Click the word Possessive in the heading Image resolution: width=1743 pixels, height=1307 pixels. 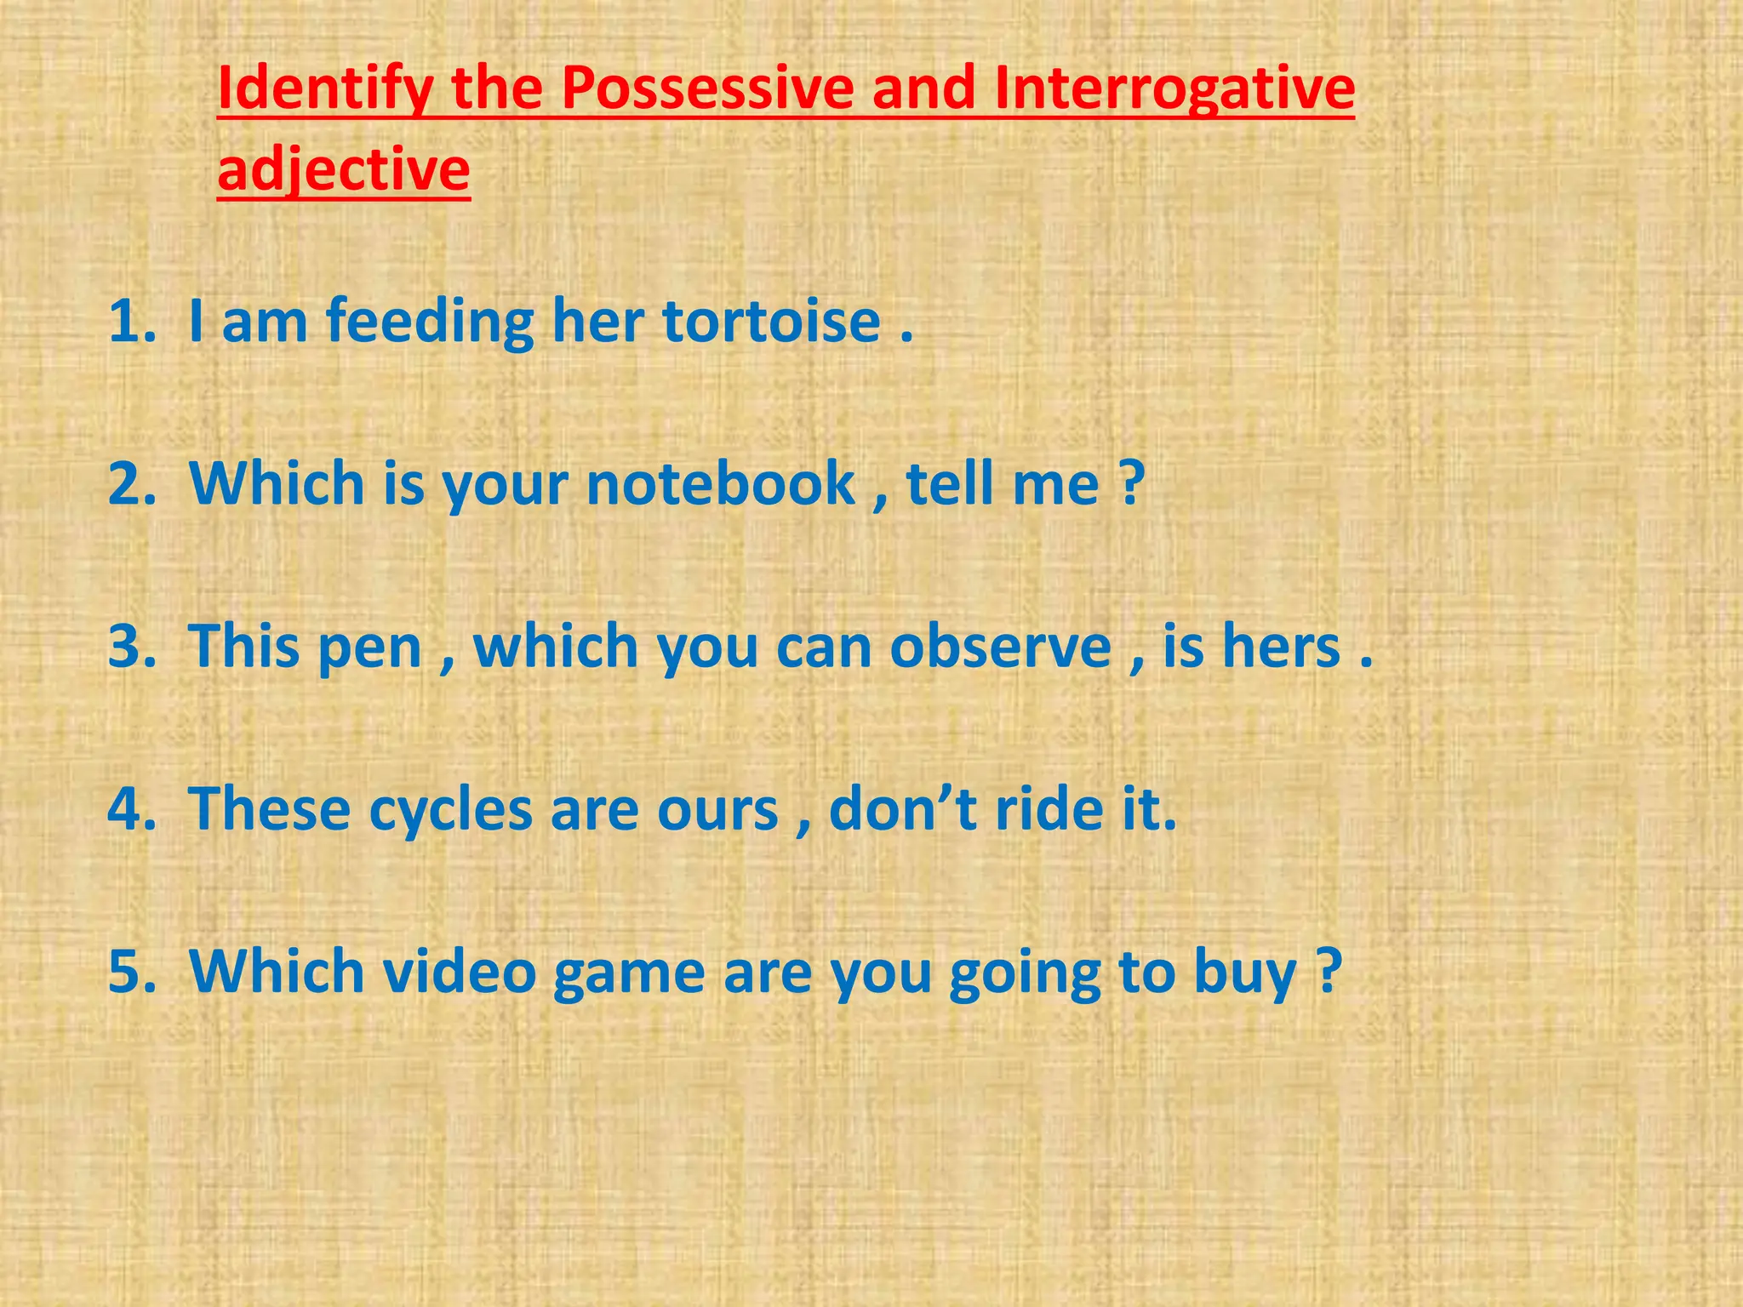coord(706,89)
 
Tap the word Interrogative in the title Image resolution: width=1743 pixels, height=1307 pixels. coord(1174,89)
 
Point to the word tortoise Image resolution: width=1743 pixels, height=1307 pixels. coord(771,322)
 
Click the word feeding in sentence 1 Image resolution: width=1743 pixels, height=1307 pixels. coord(430,322)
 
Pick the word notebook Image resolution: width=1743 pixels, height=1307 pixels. coord(721,484)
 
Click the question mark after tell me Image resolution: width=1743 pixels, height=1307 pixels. coord(1130,484)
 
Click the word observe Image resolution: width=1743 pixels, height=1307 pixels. coord(1001,647)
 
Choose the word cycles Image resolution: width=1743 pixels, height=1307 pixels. coord(450,810)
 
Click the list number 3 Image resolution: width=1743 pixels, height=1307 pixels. coord(131,647)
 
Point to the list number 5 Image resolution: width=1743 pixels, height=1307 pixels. coord(131,973)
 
